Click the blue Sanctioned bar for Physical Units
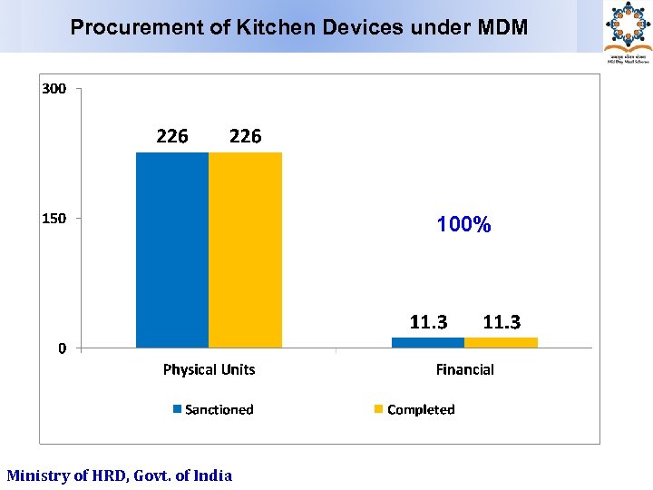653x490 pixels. point(172,250)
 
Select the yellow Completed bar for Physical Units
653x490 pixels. point(245,250)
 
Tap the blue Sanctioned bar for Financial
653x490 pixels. point(428,342)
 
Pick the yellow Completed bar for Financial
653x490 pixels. point(501,342)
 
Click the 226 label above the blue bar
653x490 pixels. point(172,136)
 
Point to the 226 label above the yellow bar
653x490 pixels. point(245,136)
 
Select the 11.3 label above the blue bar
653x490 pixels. point(428,322)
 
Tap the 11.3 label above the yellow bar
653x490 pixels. point(502,322)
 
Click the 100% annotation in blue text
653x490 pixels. point(463,224)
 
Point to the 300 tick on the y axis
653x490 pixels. point(54,89)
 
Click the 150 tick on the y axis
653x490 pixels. point(54,219)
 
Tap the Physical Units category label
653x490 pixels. point(209,369)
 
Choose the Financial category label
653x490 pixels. point(464,369)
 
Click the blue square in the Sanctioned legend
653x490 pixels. point(178,409)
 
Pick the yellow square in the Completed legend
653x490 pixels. point(379,409)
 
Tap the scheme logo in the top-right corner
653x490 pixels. point(628,29)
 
